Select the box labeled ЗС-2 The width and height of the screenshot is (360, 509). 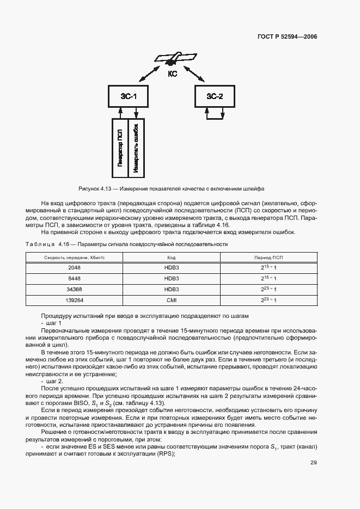(x=214, y=96)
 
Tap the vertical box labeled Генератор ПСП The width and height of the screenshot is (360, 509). (x=119, y=148)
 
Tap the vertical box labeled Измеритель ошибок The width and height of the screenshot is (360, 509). (x=136, y=148)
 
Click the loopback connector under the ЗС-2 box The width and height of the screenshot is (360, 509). (x=214, y=115)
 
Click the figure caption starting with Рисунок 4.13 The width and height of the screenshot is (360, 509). (x=172, y=189)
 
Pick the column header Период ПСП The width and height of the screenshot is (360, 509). (x=269, y=257)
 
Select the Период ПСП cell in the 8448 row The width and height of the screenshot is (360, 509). (x=269, y=278)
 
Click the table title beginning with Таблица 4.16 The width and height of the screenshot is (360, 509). (x=127, y=244)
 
